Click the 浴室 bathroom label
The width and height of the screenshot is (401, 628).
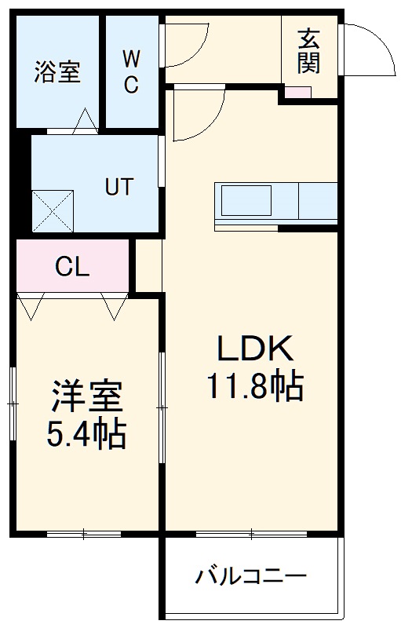pos(57,72)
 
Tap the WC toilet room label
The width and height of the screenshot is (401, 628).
pos(131,72)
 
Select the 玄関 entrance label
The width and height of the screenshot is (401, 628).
pos(309,51)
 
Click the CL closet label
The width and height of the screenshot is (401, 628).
pos(72,267)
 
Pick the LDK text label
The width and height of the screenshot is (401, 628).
pos(254,347)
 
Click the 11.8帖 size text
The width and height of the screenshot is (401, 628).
pos(255,385)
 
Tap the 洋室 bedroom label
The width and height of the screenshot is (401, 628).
pos(87,397)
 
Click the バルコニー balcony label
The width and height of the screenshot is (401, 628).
pos(250,579)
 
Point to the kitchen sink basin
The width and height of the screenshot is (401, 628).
pos(246,202)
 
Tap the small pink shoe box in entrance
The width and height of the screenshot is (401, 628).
pos(297,92)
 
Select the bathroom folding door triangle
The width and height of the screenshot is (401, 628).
pos(84,120)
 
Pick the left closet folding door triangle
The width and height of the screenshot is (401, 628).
pos(31,307)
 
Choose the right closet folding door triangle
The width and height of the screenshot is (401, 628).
pos(115,307)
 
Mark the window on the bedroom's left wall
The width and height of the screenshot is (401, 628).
pos(13,403)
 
